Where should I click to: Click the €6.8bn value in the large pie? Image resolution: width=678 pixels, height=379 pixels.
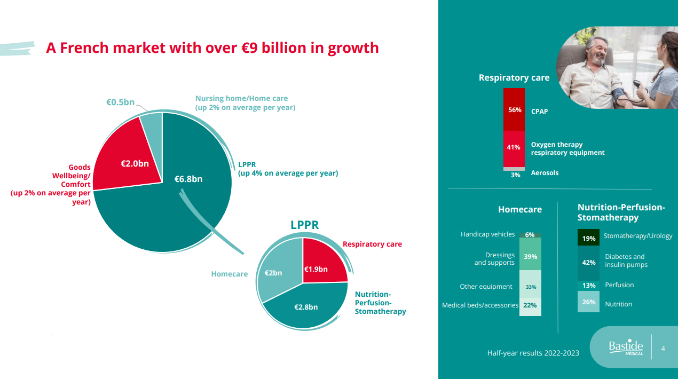(x=188, y=179)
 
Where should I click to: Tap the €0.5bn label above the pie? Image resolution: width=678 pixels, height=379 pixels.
(x=120, y=102)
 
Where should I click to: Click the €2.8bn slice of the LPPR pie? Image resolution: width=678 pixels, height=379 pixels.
(x=306, y=307)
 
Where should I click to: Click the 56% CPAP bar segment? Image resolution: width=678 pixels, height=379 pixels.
(x=514, y=110)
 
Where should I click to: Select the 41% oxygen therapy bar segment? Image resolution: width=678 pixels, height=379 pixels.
(x=514, y=148)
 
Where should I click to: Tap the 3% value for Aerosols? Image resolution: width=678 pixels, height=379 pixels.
(x=515, y=175)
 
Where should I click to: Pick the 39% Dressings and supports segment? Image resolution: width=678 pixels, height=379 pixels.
(x=530, y=257)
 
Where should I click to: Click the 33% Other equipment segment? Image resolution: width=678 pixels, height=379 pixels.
(x=530, y=287)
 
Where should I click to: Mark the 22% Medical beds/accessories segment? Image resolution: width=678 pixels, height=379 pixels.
(x=530, y=306)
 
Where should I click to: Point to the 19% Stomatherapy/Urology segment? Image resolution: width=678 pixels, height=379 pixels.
(x=589, y=238)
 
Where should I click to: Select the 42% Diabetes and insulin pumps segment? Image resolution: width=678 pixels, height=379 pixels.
(x=589, y=263)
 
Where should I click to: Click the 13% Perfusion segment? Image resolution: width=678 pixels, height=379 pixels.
(x=589, y=286)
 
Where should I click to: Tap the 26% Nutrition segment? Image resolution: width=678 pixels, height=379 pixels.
(x=589, y=302)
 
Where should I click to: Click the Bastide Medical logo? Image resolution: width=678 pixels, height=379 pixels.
(x=626, y=348)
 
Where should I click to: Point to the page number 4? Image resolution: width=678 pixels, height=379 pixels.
(x=663, y=349)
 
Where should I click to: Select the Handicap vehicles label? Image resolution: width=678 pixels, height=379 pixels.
(x=487, y=234)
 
